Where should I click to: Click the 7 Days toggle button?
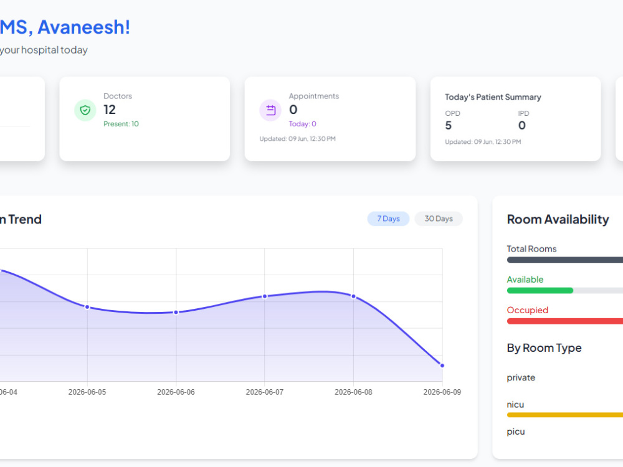click(x=388, y=219)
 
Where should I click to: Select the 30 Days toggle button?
click(x=438, y=219)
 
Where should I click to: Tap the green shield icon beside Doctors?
click(x=85, y=110)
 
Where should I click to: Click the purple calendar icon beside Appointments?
click(x=270, y=110)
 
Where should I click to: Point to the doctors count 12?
click(x=110, y=110)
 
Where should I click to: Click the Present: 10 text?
click(x=121, y=124)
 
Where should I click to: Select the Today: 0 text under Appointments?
click(x=302, y=124)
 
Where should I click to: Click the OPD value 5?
click(x=448, y=126)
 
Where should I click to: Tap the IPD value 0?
click(x=522, y=126)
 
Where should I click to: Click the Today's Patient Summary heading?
click(x=493, y=97)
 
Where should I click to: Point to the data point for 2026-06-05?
click(x=87, y=307)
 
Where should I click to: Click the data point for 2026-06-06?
click(x=176, y=313)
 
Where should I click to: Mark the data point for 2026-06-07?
click(x=265, y=296)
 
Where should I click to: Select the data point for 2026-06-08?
click(x=354, y=296)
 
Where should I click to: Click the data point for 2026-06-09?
click(x=442, y=366)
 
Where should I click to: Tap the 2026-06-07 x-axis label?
click(x=265, y=392)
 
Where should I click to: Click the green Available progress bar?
click(x=540, y=290)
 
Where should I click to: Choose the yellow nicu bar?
click(x=565, y=415)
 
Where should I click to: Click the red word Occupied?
click(x=527, y=310)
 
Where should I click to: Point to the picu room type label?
click(x=516, y=432)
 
